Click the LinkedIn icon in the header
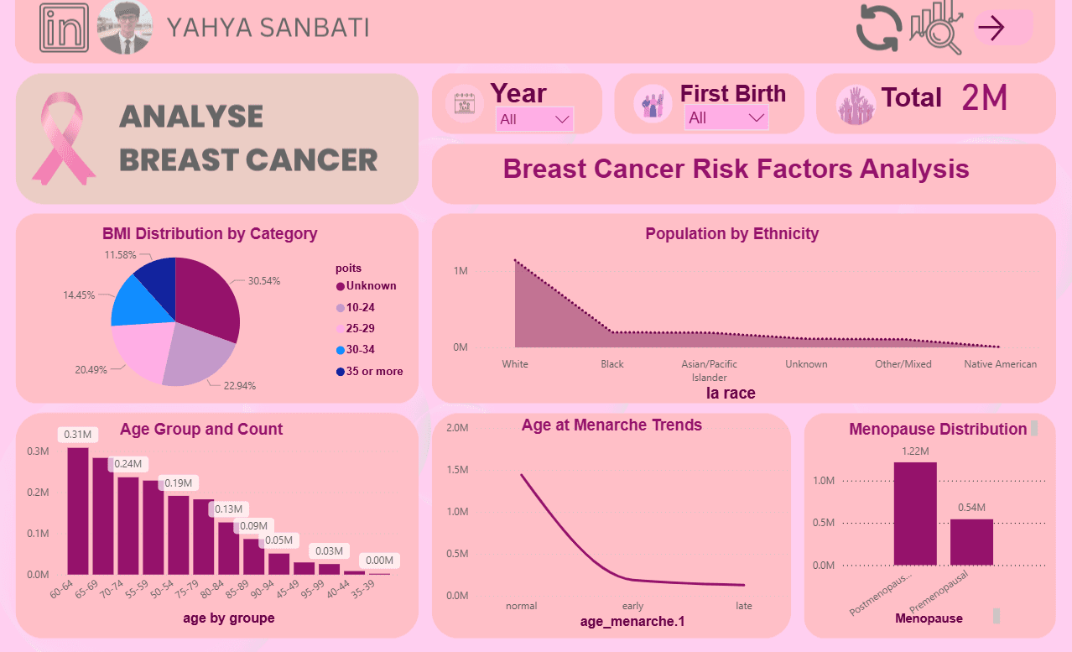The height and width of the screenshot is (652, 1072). [x=64, y=28]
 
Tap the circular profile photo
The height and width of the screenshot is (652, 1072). [x=125, y=28]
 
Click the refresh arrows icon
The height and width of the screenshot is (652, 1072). [x=878, y=28]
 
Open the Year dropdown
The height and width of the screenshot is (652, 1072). [x=534, y=119]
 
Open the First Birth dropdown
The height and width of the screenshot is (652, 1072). [x=726, y=118]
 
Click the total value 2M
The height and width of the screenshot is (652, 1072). [x=984, y=98]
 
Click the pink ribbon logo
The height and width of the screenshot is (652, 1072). [x=64, y=138]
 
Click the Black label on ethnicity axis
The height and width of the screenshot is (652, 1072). [x=612, y=364]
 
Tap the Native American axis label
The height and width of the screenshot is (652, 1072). [x=1000, y=364]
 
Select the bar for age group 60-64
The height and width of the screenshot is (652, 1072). [x=78, y=511]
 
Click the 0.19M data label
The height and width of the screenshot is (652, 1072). [x=179, y=483]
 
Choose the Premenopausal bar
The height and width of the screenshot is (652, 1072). [x=971, y=542]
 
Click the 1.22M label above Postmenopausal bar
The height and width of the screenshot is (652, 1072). [x=915, y=451]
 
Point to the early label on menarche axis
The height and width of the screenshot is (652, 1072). [x=632, y=606]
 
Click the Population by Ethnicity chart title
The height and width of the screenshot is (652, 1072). [x=731, y=233]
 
